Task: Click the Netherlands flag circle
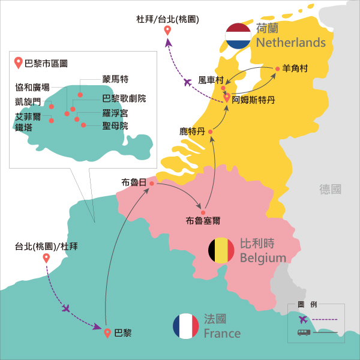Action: click(x=238, y=36)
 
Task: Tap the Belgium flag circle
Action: click(x=221, y=250)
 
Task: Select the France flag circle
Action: click(x=185, y=326)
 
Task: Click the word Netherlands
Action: click(x=290, y=43)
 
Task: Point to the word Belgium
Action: click(x=263, y=258)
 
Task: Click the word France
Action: click(x=222, y=334)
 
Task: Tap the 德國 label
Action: click(x=331, y=189)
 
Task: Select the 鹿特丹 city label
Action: click(x=192, y=130)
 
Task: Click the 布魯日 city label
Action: click(x=133, y=182)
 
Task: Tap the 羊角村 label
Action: click(x=295, y=69)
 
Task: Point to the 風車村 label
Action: click(x=211, y=80)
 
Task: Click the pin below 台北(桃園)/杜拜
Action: click(x=46, y=259)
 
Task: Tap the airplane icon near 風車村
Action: click(x=188, y=82)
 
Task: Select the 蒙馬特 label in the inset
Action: click(x=116, y=79)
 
